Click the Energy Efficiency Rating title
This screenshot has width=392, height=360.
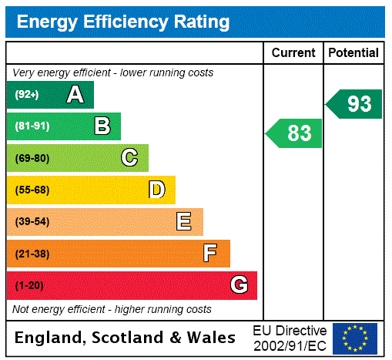[x=123, y=22]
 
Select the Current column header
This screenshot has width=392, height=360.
[x=293, y=53]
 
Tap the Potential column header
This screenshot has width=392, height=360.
[x=353, y=53]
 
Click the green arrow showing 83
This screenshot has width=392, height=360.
[x=295, y=133]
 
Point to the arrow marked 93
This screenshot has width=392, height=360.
[x=355, y=104]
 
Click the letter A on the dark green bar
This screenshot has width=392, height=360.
[x=75, y=95]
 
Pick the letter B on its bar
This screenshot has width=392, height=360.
[x=102, y=126]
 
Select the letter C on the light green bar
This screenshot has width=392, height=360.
[x=129, y=158]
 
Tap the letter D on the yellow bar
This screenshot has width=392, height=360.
[x=157, y=190]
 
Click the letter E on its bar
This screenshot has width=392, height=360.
[x=184, y=222]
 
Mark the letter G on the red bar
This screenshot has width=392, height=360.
[x=240, y=285]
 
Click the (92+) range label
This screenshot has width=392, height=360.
[x=27, y=95]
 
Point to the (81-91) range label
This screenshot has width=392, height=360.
[x=32, y=126]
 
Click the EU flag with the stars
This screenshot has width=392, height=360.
[x=355, y=338]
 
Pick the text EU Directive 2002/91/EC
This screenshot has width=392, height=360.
[x=290, y=338]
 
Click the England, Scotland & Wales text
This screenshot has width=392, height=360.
[x=126, y=338]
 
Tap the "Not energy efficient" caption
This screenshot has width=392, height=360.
[x=112, y=309]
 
